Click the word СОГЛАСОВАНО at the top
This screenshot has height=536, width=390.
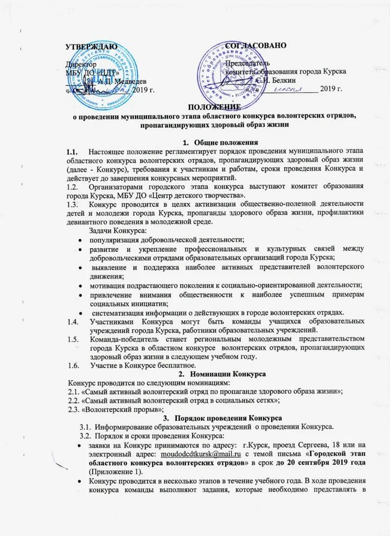click(256, 45)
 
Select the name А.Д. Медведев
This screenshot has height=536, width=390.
click(122, 80)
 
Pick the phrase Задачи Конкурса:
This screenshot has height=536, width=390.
click(117, 231)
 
